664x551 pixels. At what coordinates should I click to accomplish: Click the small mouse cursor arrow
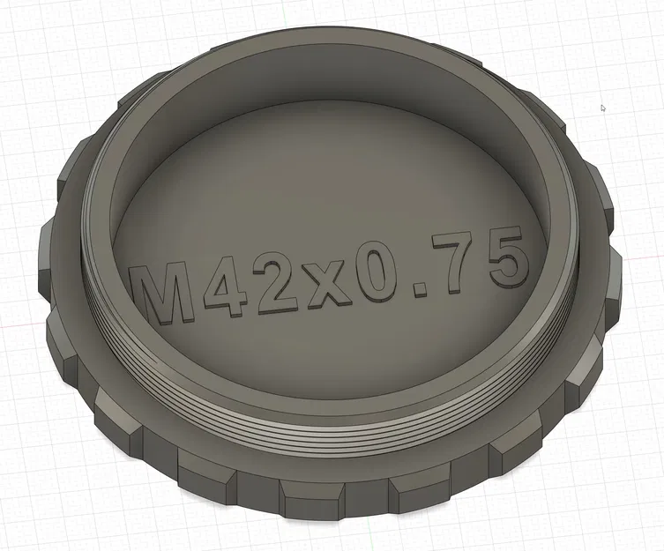(x=603, y=108)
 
